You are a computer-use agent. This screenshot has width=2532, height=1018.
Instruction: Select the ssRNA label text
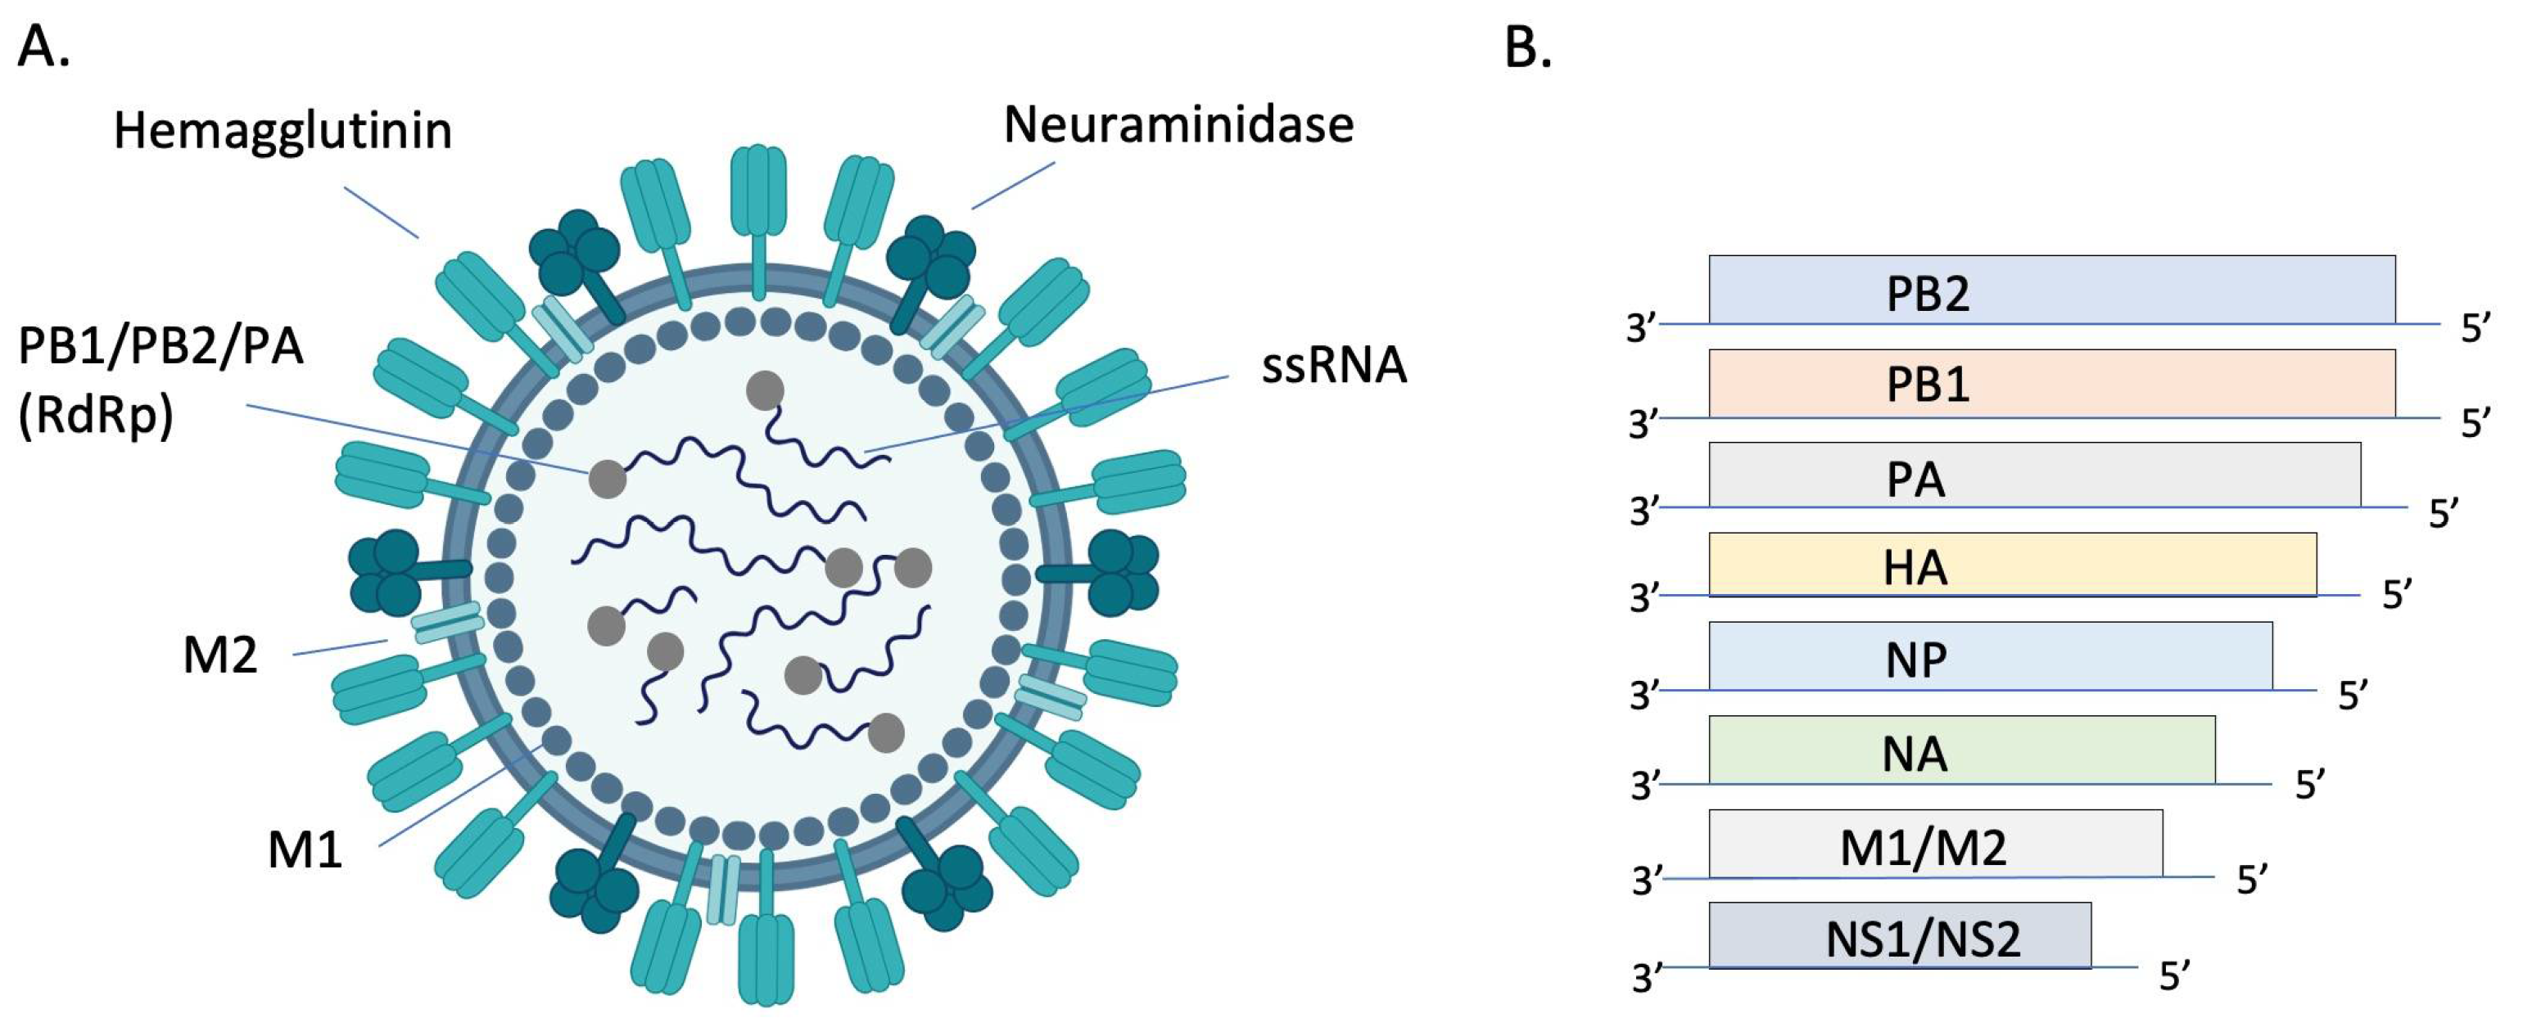tap(1333, 366)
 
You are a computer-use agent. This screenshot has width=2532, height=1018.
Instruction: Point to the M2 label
tap(220, 655)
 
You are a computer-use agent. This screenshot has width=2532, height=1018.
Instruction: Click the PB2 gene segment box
tap(2050, 290)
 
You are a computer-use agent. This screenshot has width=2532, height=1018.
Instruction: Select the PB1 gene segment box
tap(2050, 383)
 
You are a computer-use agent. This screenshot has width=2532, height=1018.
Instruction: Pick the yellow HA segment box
tap(2011, 565)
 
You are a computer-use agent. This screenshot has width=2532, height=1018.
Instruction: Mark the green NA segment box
tap(1961, 750)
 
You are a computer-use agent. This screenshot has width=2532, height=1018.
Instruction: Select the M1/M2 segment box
tap(1934, 844)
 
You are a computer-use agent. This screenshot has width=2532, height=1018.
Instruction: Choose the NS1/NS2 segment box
tap(1899, 935)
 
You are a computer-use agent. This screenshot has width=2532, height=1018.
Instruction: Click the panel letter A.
tap(43, 46)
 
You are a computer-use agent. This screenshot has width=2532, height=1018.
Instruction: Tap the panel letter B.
tap(1527, 46)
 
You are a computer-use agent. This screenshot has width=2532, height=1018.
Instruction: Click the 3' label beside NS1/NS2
tap(1648, 978)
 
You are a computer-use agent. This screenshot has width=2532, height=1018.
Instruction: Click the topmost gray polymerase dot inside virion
tap(765, 391)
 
